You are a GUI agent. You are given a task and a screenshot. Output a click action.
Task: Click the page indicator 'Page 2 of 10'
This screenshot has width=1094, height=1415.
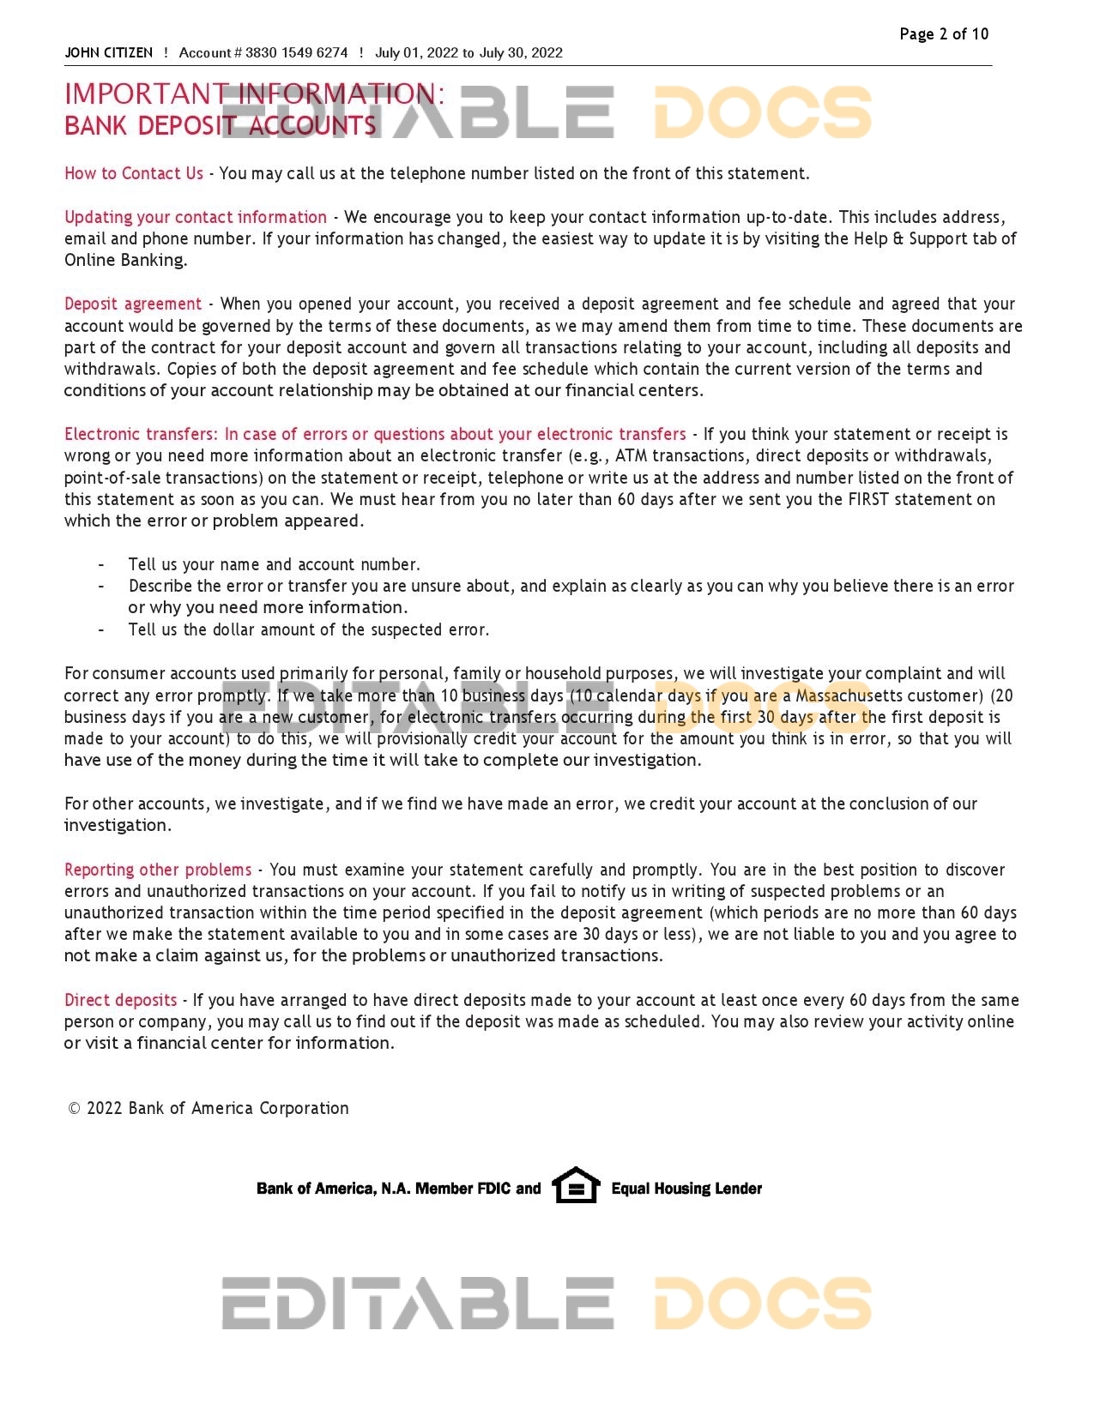coord(943,34)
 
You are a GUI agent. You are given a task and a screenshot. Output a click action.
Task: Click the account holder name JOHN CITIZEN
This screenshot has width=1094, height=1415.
coord(108,53)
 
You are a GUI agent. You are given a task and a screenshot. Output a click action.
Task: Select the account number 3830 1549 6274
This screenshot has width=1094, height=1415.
coord(296,53)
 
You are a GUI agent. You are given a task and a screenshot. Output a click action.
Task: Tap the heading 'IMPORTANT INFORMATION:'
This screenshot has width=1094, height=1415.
coord(255,93)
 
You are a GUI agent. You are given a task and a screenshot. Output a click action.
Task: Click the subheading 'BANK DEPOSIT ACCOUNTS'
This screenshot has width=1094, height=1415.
coord(220,126)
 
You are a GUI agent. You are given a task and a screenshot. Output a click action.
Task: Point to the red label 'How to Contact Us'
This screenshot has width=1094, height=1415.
coord(134,173)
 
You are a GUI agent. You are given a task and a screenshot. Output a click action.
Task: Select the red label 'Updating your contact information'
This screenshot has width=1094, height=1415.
coord(196,217)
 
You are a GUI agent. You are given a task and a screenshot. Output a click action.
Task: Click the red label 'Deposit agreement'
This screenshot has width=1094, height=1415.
coord(133,304)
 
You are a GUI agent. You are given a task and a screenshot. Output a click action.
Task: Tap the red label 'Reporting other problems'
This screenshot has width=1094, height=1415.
coord(158,870)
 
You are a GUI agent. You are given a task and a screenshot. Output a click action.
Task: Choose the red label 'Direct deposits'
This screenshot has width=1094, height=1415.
coord(120,1000)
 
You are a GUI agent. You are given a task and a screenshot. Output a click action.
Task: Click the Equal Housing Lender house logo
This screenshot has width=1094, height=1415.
coord(576,1185)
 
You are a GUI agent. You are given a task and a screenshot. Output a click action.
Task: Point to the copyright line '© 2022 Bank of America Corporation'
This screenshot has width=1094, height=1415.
coord(209,1108)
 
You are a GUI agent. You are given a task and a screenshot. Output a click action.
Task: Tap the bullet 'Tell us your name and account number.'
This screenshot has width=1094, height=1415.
coord(274,564)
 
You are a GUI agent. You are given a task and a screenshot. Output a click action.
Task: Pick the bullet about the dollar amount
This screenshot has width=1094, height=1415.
coord(308,629)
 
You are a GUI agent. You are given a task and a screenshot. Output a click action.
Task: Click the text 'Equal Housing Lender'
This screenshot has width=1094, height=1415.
coord(686,1189)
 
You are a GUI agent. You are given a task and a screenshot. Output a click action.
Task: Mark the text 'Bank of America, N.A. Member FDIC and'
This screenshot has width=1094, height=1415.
coord(398,1189)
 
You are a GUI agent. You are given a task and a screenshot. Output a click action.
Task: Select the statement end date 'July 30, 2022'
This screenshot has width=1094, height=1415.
coord(521,53)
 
